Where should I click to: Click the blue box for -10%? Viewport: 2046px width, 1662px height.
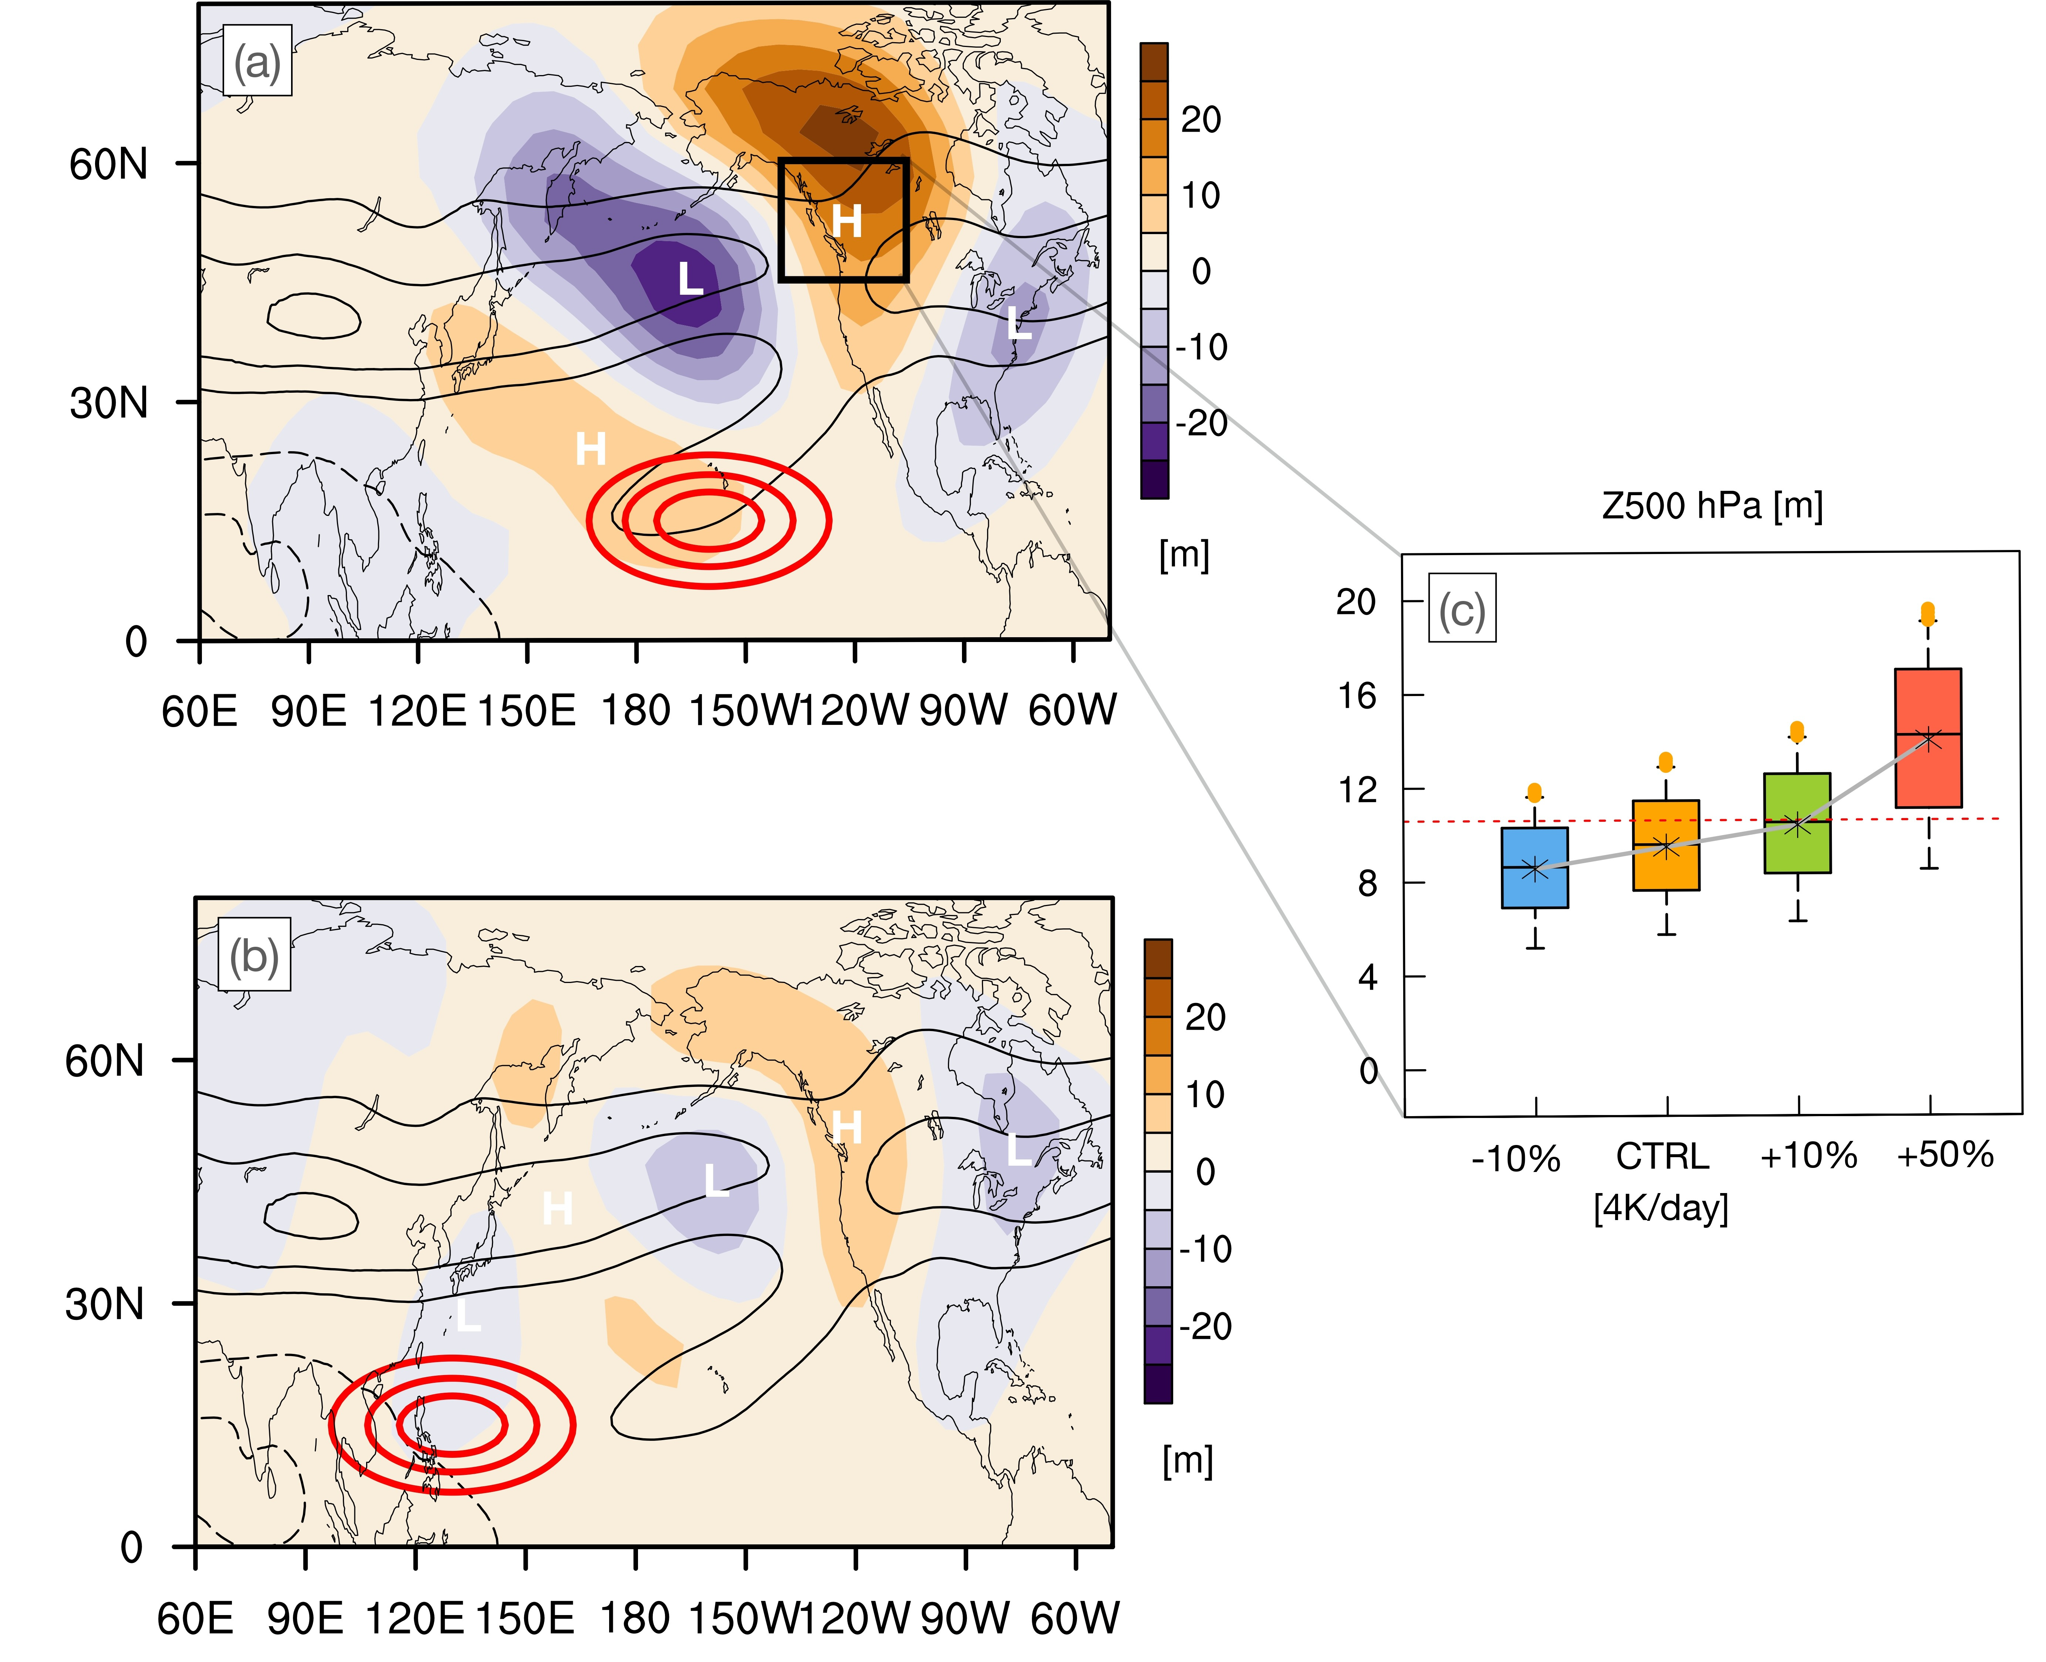click(x=1535, y=867)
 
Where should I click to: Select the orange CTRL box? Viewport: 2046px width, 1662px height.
click(x=1666, y=845)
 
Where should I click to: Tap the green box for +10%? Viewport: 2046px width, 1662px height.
click(x=1797, y=823)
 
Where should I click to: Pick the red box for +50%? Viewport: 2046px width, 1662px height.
click(x=1928, y=738)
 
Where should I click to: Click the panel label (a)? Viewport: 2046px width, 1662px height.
click(x=257, y=63)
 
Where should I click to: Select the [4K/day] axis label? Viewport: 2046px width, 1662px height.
click(x=1661, y=1208)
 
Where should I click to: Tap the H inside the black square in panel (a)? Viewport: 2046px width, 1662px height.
click(x=846, y=221)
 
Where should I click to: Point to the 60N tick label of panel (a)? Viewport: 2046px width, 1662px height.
click(x=108, y=165)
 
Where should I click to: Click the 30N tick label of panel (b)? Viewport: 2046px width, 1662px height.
click(x=104, y=1304)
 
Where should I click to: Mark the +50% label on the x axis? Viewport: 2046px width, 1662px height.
click(x=1945, y=1155)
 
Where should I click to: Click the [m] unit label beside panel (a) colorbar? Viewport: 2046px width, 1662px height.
click(x=1184, y=554)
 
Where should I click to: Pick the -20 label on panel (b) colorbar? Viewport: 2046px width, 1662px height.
click(x=1205, y=1326)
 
